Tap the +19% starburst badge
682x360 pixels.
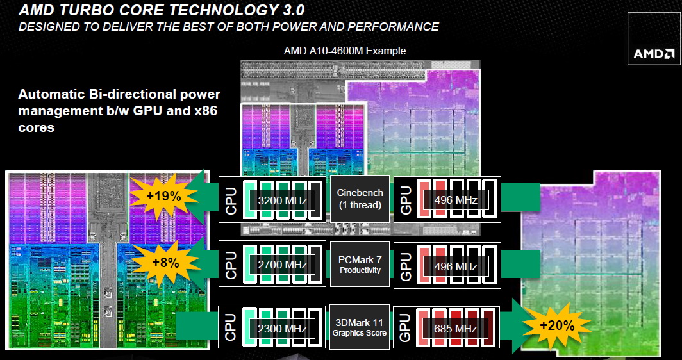pos(163,196)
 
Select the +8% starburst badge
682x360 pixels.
pos(166,263)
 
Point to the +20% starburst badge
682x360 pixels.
pos(557,325)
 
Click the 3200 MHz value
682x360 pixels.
pos(283,200)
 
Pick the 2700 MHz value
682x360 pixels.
pos(283,265)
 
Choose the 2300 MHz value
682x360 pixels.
pos(283,329)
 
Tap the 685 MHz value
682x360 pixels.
pos(455,329)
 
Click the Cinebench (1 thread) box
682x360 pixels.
pos(360,199)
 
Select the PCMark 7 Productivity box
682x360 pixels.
pos(360,265)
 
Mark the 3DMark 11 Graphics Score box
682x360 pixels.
pos(359,327)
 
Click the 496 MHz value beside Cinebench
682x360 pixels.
pos(456,200)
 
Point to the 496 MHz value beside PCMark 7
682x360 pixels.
pos(456,266)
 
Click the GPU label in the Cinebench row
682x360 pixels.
pos(405,200)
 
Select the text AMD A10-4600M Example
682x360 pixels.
pos(345,51)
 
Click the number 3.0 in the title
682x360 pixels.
pos(289,10)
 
